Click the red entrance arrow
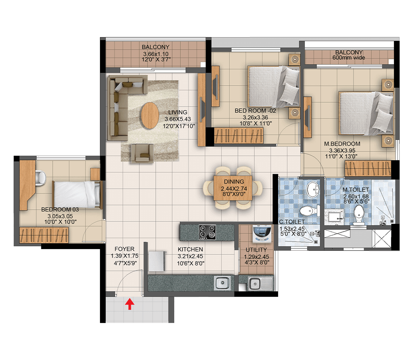(x=129, y=304)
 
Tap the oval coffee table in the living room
(x=150, y=115)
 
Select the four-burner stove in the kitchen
(x=207, y=232)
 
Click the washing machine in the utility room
(x=262, y=233)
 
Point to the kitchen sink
(x=222, y=283)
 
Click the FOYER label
(x=124, y=249)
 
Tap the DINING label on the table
(x=234, y=182)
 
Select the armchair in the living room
(x=142, y=153)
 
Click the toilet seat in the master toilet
(x=358, y=215)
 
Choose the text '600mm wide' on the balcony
(x=349, y=58)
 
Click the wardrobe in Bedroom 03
(x=44, y=235)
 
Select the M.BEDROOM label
(x=342, y=144)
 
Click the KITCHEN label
(x=190, y=249)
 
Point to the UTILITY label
(x=256, y=250)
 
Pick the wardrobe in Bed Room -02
(x=239, y=136)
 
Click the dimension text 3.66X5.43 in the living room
(x=177, y=119)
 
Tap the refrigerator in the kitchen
(x=157, y=261)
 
